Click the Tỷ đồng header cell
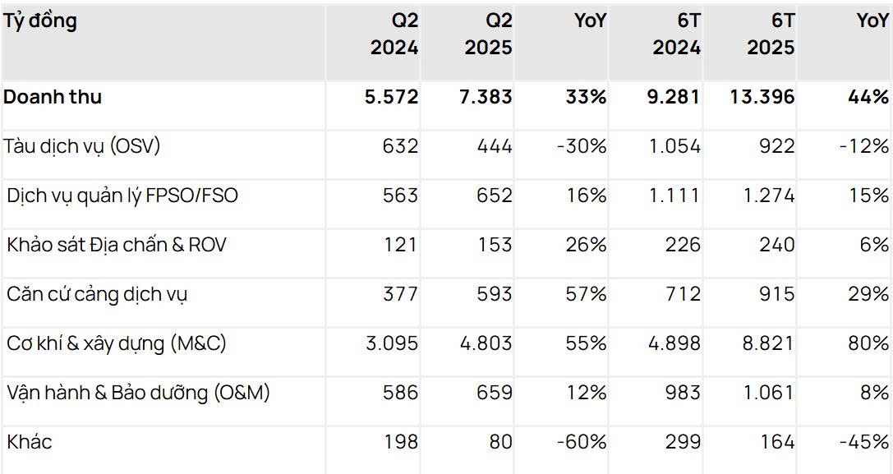coord(41,21)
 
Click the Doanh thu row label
coord(53,97)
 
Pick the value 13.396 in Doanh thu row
coord(761,97)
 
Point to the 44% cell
coord(868,97)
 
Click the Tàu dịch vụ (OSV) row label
coord(82,146)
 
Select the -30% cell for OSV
coord(581,146)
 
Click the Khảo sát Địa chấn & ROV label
coord(117,245)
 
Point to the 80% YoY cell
coord(868,343)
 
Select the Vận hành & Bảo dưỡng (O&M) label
coord(138,393)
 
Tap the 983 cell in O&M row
coord(683,393)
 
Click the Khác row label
coord(30,442)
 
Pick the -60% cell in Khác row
coord(581,442)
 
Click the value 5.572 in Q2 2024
coord(391,97)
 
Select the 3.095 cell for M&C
coord(391,343)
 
